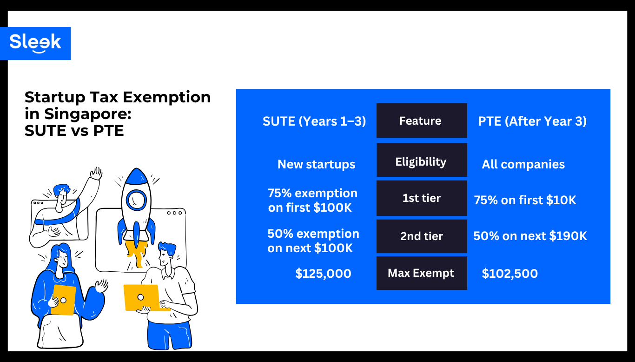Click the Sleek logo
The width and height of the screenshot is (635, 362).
(x=35, y=43)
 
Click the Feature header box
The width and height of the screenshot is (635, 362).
(x=421, y=121)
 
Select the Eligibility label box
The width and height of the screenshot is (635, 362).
(x=421, y=161)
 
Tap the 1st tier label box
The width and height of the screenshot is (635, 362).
(x=421, y=198)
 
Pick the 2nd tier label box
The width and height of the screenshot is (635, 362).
(x=421, y=236)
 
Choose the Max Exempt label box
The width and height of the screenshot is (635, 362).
(x=421, y=273)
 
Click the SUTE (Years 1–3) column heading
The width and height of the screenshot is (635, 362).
(x=314, y=121)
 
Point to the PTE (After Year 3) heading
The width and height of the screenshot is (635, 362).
(x=532, y=121)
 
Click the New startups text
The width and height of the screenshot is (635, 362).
(x=316, y=164)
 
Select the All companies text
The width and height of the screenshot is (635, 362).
(x=523, y=164)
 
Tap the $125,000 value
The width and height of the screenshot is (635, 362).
(x=323, y=274)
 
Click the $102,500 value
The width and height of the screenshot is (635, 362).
(x=509, y=274)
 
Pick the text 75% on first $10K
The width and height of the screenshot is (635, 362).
(x=525, y=200)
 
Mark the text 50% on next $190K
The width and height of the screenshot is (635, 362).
(x=530, y=236)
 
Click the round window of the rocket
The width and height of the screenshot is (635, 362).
(x=136, y=200)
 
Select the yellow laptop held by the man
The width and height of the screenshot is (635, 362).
(x=141, y=297)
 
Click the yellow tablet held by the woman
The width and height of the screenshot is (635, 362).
(x=63, y=300)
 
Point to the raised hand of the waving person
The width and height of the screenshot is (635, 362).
(x=96, y=174)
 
